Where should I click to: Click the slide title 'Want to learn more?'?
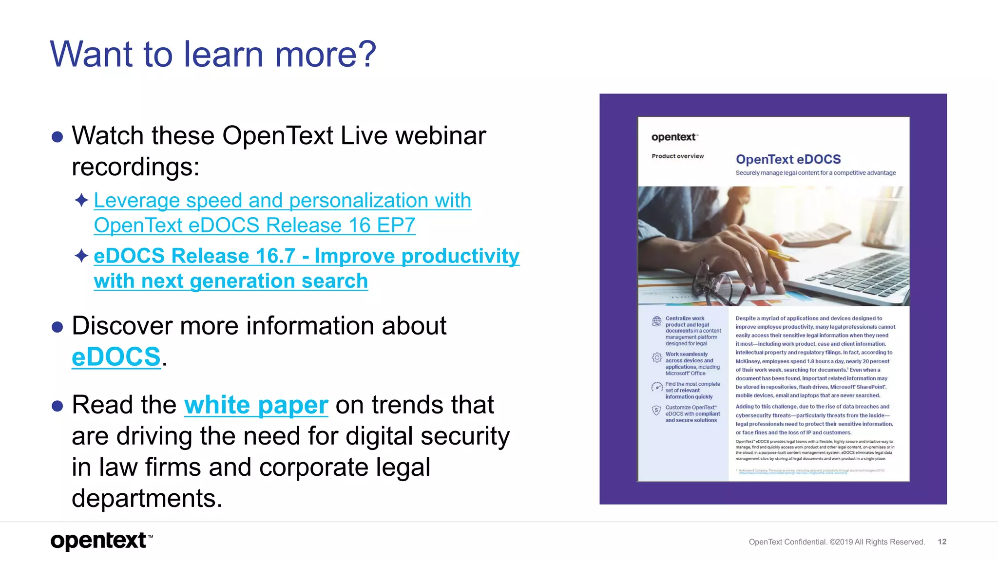[x=213, y=54]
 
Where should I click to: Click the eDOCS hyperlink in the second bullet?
[x=116, y=357]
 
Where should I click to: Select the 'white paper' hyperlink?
[x=256, y=405]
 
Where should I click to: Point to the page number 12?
[x=941, y=542]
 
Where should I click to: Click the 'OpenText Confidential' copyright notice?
[x=836, y=542]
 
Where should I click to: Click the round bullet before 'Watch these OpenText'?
[x=58, y=137]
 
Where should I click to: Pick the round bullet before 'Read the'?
[x=58, y=406]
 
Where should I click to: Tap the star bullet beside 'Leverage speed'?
[x=81, y=200]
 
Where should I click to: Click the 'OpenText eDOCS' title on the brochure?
[x=788, y=159]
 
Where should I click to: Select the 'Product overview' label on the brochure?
[x=677, y=156]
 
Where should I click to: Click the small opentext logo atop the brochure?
[x=674, y=137]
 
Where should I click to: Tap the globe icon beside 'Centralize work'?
[x=656, y=321]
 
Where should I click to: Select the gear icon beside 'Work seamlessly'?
[x=656, y=357]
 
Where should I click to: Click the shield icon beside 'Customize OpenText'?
[x=656, y=411]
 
